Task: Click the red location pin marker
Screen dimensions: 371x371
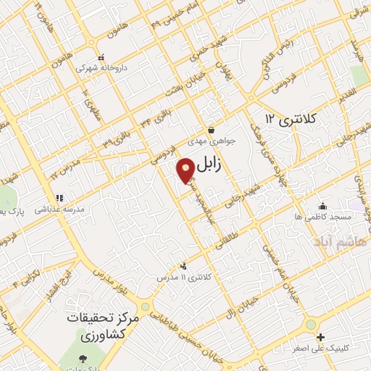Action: (x=186, y=171)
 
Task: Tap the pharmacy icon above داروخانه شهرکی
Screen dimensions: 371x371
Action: (x=102, y=57)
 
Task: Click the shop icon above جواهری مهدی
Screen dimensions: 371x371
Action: (x=210, y=130)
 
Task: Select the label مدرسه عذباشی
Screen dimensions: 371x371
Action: (x=60, y=208)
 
